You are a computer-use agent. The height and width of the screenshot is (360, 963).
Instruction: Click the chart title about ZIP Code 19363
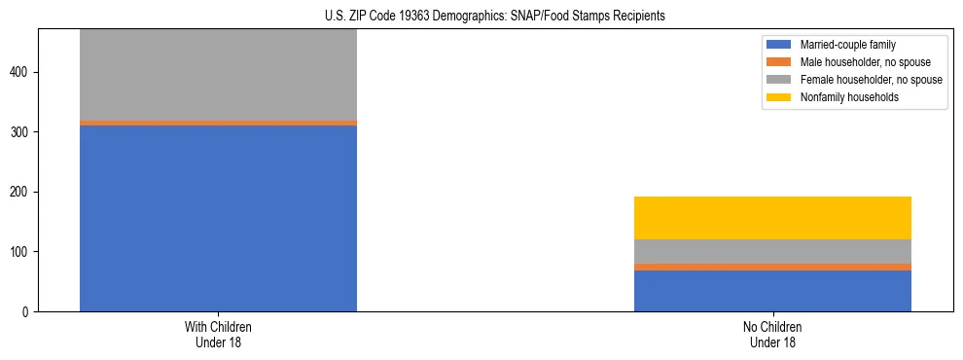[x=495, y=16]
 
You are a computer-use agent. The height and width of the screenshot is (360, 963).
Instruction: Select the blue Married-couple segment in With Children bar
[x=218, y=218]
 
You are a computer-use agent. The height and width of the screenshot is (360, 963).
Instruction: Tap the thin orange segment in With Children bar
[x=218, y=123]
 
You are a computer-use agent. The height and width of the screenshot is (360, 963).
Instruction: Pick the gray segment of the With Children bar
[x=218, y=74]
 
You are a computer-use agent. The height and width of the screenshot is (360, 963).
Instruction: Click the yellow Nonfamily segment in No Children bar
[x=772, y=218]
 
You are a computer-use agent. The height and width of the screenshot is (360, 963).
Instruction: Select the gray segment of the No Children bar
[x=772, y=251]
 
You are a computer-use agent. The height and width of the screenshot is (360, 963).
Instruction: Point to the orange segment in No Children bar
[x=772, y=267]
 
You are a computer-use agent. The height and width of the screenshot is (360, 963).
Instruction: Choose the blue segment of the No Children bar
[x=772, y=291]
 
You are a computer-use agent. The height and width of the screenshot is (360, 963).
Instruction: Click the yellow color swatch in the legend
[x=780, y=97]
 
